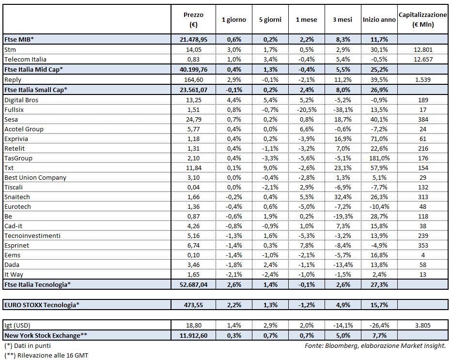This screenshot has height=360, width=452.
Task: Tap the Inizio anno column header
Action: point(379,20)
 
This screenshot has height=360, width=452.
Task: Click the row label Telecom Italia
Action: point(25,59)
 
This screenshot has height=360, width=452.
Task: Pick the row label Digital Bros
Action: point(21,100)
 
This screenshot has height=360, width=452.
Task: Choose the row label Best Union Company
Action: point(35,177)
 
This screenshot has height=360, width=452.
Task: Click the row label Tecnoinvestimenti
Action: point(32,235)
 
